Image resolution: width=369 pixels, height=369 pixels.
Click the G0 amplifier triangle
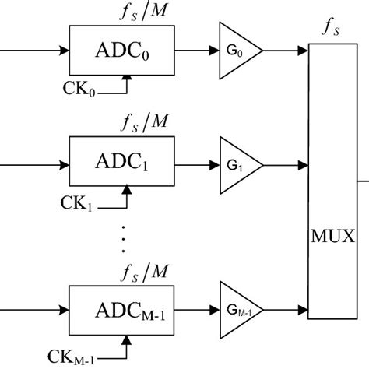237,51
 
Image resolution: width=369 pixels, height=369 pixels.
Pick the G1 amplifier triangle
237,165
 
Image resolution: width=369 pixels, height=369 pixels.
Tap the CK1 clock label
78,203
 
